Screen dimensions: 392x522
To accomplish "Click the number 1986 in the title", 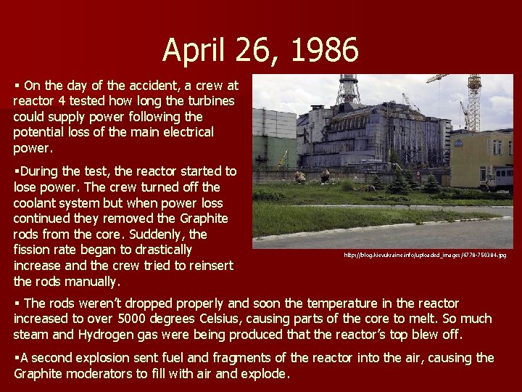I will pos(325,51).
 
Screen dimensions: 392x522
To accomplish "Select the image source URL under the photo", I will pos(426,255).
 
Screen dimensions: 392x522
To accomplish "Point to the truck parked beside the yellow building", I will pos(500,174).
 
